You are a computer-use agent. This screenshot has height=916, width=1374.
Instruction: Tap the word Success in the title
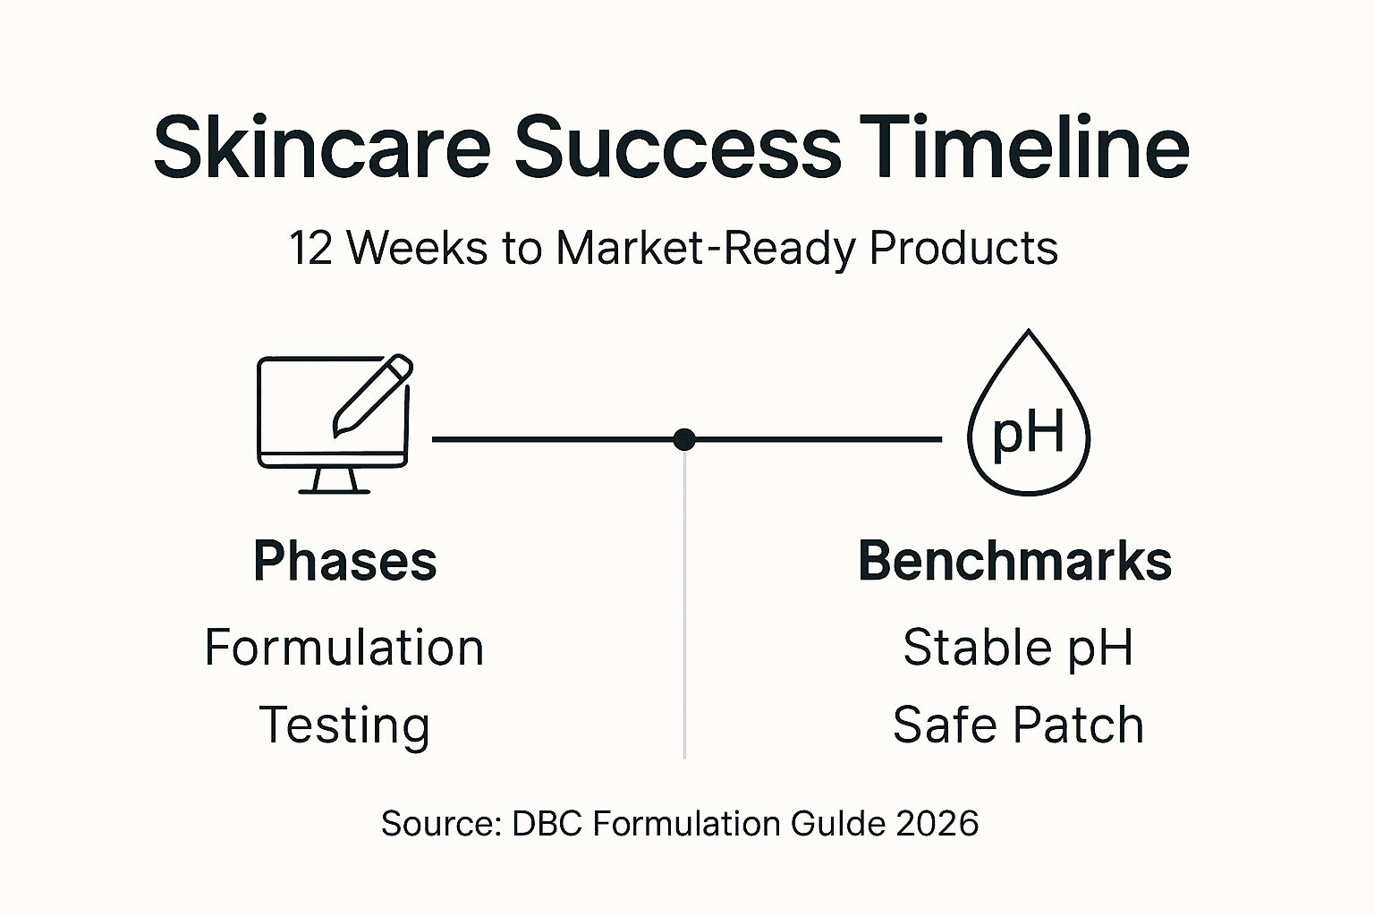pos(677,148)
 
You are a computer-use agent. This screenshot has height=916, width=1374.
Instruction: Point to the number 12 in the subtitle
pos(311,248)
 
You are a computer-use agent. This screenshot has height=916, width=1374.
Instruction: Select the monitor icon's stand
pos(334,481)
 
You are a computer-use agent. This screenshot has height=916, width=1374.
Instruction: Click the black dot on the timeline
pos(684,439)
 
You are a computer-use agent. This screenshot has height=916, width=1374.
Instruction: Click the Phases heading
pos(345,562)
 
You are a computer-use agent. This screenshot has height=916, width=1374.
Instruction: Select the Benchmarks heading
pos(1015,562)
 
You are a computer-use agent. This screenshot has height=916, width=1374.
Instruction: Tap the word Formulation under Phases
pos(344,648)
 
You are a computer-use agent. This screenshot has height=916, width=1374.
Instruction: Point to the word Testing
pos(344,725)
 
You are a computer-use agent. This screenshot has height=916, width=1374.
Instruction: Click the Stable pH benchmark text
pos(1018,648)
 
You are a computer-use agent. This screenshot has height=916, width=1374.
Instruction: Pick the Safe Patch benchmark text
pos(1018,725)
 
